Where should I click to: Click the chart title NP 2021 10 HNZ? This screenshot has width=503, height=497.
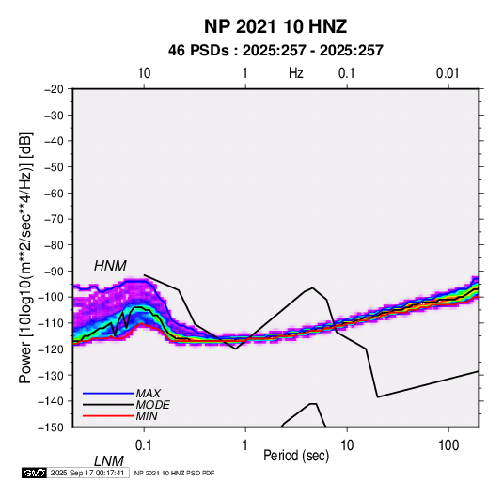coord(275,26)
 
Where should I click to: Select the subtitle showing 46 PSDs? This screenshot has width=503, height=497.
coord(275,51)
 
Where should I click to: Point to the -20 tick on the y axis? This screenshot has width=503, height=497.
coord(54,89)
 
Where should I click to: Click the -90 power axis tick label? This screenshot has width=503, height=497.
coord(54,272)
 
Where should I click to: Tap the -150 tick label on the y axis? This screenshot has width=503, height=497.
coord(51,427)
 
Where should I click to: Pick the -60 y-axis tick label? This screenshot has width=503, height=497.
coord(54,193)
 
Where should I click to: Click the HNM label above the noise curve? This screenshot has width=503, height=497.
coord(110,266)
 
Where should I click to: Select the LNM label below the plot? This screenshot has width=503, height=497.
coord(108,461)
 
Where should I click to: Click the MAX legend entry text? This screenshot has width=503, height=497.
coord(148,393)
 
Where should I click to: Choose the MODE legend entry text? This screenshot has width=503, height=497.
coord(152,405)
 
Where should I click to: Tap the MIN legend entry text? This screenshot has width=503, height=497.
coord(147,416)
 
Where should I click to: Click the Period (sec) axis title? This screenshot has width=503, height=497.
coord(296,456)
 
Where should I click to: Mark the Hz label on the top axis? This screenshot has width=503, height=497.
coord(296,73)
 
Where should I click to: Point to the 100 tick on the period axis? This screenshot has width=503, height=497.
coord(448,445)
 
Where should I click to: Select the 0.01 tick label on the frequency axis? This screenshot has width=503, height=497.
coord(448,73)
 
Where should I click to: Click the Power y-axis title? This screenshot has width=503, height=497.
coord(25,258)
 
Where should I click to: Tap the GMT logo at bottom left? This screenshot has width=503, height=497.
coord(34,473)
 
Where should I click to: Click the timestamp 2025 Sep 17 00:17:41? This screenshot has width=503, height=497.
coord(87,473)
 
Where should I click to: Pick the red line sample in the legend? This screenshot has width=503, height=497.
coord(108,416)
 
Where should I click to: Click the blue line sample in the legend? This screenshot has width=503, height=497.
coord(108,393)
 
